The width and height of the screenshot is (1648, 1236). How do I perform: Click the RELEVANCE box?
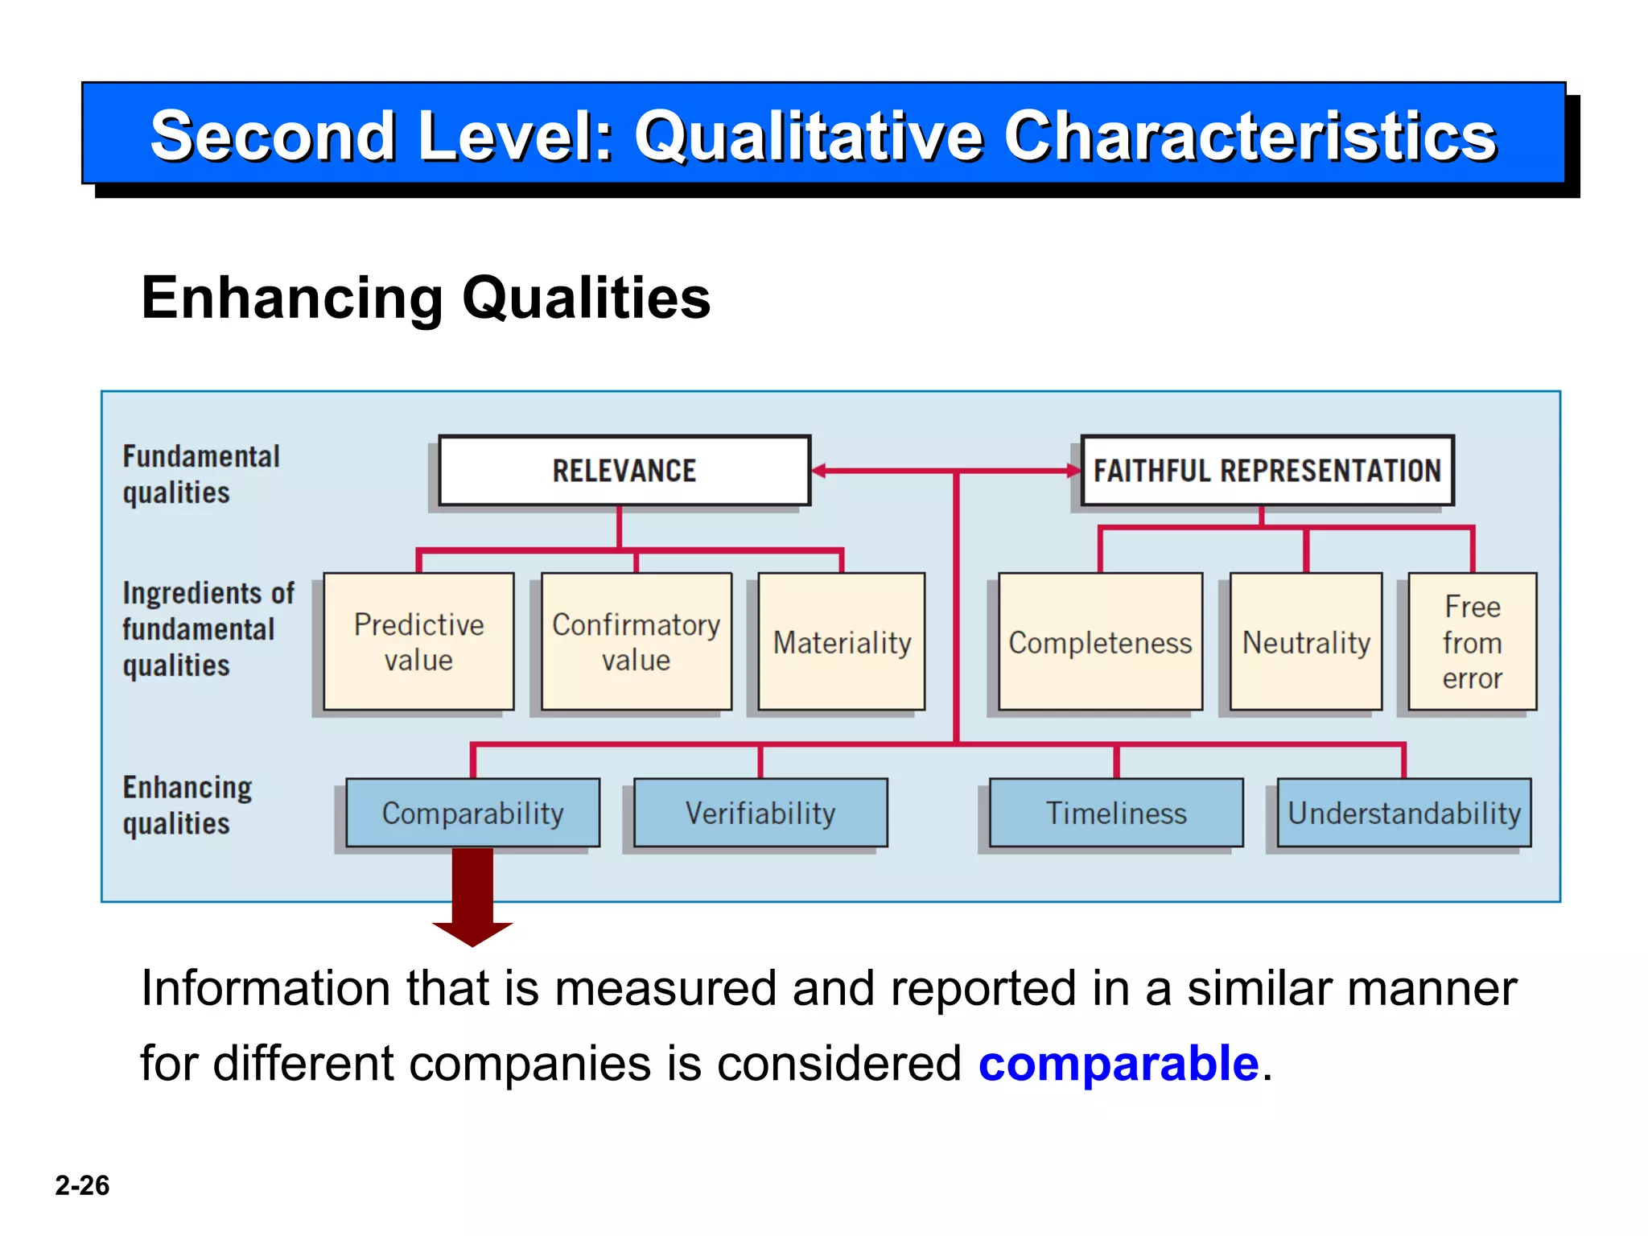(624, 471)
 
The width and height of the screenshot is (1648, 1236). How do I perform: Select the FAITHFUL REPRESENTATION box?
(1267, 471)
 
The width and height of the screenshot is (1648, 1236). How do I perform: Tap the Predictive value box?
(418, 641)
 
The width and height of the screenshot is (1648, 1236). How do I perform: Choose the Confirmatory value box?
(636, 641)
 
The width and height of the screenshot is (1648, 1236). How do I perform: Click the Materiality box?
(842, 642)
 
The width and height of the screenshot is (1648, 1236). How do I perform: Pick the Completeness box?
(1100, 642)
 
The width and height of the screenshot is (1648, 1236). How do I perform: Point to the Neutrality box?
(1306, 642)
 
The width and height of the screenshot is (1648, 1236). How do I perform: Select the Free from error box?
(1472, 642)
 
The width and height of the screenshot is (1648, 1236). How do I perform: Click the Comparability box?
(472, 813)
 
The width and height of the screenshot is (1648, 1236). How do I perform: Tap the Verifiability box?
(760, 813)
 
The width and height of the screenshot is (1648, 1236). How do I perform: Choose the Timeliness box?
(1116, 813)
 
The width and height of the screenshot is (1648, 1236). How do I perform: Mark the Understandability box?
(1404, 813)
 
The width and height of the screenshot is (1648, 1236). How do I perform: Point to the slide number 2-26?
(82, 1185)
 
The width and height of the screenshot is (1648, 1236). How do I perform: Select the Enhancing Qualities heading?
(426, 298)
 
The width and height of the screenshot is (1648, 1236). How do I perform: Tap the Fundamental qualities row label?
(201, 474)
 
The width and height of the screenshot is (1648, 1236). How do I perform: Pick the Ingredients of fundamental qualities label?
(208, 629)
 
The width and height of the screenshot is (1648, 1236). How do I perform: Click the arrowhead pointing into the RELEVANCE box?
(820, 471)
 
